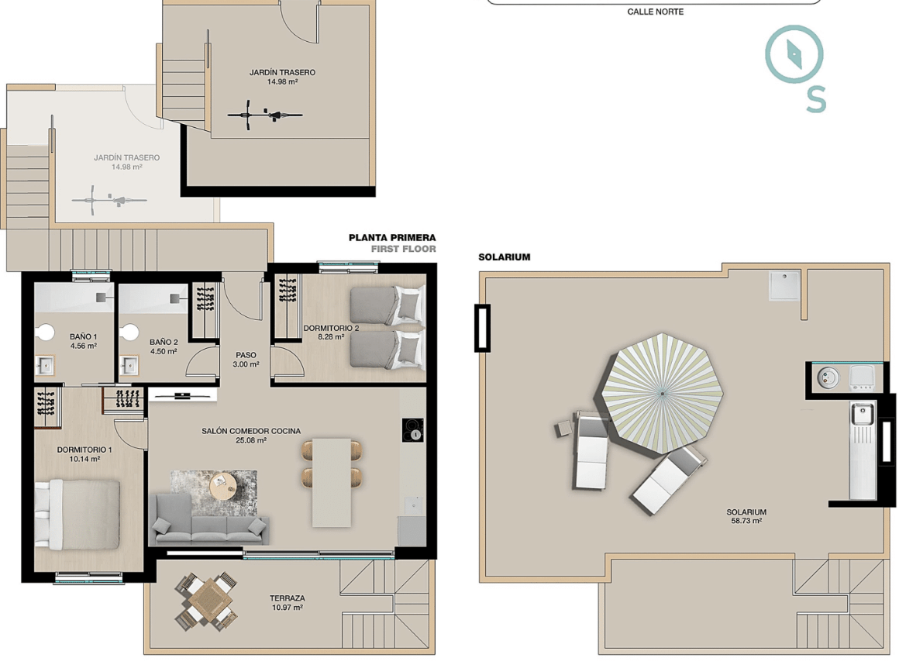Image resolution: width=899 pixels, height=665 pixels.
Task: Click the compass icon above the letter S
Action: pyautogui.click(x=794, y=54)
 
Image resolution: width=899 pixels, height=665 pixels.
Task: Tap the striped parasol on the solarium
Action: pyautogui.click(x=662, y=394)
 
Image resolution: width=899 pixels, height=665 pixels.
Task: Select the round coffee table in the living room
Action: pyautogui.click(x=222, y=487)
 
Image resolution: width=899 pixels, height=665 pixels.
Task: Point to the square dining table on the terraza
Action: pyautogui.click(x=206, y=602)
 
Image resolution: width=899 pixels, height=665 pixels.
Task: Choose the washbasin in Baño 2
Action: pyautogui.click(x=129, y=365)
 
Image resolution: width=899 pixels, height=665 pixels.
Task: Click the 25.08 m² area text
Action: pyautogui.click(x=250, y=440)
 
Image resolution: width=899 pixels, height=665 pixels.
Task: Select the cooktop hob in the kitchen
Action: pyautogui.click(x=412, y=430)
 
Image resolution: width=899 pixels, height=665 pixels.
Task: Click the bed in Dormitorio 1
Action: pyautogui.click(x=77, y=514)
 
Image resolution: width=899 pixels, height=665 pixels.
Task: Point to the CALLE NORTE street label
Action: pyautogui.click(x=656, y=12)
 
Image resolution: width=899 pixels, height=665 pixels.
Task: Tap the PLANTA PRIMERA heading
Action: pyautogui.click(x=392, y=237)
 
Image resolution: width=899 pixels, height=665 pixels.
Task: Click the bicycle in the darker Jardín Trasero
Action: pyautogui.click(x=264, y=115)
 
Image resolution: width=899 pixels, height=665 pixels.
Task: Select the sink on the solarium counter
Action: pyautogui.click(x=862, y=414)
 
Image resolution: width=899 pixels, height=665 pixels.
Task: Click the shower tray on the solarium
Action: pyautogui.click(x=784, y=285)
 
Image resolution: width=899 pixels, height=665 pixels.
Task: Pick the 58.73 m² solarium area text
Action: pyautogui.click(x=746, y=521)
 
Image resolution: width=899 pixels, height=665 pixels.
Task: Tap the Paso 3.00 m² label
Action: pyautogui.click(x=246, y=360)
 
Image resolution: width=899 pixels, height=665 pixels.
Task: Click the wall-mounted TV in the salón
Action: pyautogui.click(x=182, y=395)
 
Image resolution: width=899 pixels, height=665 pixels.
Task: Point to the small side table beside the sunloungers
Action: pyautogui.click(x=563, y=429)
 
